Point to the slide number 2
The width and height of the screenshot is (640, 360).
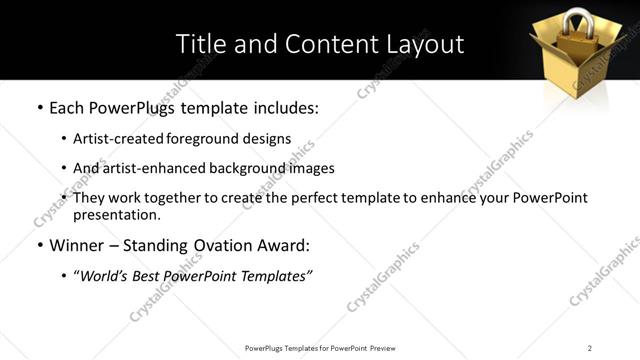click(590, 348)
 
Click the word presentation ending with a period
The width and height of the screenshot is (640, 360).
click(117, 215)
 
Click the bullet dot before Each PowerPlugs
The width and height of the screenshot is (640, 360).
click(39, 107)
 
